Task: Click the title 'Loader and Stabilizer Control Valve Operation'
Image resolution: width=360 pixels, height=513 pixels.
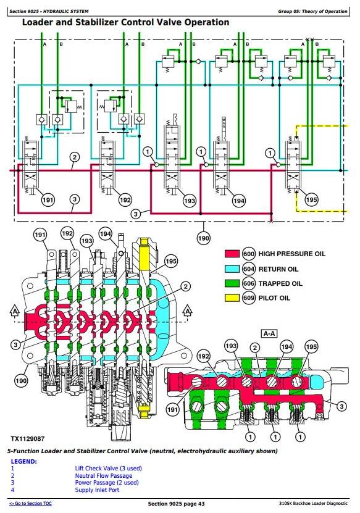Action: pos(125,23)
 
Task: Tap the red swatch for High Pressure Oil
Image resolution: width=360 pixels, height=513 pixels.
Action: pos(232,254)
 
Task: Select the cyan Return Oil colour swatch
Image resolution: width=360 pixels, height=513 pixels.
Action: pos(232,269)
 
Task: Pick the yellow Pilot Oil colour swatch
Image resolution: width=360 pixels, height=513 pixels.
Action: pos(232,298)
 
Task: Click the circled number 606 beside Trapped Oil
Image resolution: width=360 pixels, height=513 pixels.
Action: pos(249,283)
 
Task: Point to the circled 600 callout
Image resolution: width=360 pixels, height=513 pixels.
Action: pos(249,254)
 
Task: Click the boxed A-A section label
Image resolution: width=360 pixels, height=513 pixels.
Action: pos(269,333)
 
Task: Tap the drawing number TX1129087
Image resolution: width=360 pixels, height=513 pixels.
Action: pos(28,438)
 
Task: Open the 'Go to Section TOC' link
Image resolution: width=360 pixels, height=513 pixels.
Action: pos(30,504)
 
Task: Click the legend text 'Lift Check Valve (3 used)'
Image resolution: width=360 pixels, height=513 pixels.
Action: pos(108,469)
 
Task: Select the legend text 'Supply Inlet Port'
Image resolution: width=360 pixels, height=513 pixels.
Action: pos(97,490)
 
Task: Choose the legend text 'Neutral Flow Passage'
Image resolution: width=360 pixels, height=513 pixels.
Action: pos(104,476)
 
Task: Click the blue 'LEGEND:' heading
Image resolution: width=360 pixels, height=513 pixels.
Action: pos(24,462)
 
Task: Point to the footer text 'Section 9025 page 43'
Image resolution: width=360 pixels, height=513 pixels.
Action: pos(176,504)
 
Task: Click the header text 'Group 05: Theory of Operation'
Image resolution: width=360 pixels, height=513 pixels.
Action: pos(312,11)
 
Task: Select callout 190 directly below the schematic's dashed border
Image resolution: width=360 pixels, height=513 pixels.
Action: pos(203,238)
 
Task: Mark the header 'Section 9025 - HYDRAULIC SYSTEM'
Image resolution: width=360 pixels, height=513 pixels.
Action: pos(49,12)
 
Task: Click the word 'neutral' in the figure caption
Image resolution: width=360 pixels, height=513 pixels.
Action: pos(161,451)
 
